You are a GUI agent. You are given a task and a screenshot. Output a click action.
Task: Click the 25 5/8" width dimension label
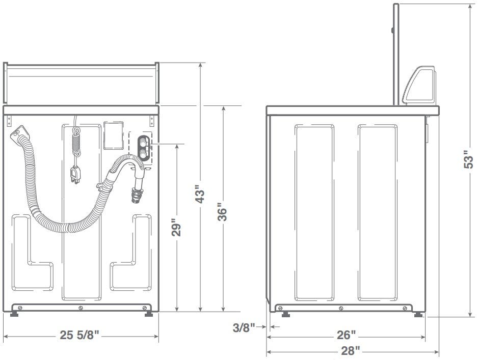[x=79, y=335]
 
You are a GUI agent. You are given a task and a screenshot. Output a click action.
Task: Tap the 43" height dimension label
[x=200, y=194]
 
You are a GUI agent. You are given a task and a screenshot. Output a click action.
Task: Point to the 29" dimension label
[x=176, y=227]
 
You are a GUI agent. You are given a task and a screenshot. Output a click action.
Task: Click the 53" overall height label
[x=468, y=159]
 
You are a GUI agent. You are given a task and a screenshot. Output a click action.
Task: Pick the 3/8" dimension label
[x=244, y=328]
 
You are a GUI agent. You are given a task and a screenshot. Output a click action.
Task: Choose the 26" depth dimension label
[x=346, y=335]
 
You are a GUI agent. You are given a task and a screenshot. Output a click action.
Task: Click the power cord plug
[x=75, y=175]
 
